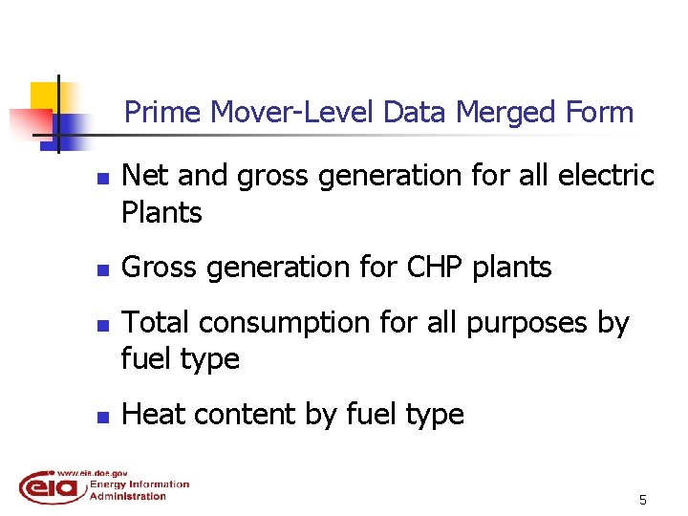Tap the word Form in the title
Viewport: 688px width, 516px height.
tap(599, 113)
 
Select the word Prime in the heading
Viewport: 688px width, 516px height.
tap(163, 113)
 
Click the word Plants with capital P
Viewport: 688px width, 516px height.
tap(162, 212)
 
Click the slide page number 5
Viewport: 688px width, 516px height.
tap(643, 500)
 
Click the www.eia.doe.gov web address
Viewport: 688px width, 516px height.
tap(93, 472)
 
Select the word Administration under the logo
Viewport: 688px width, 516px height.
tap(128, 496)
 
